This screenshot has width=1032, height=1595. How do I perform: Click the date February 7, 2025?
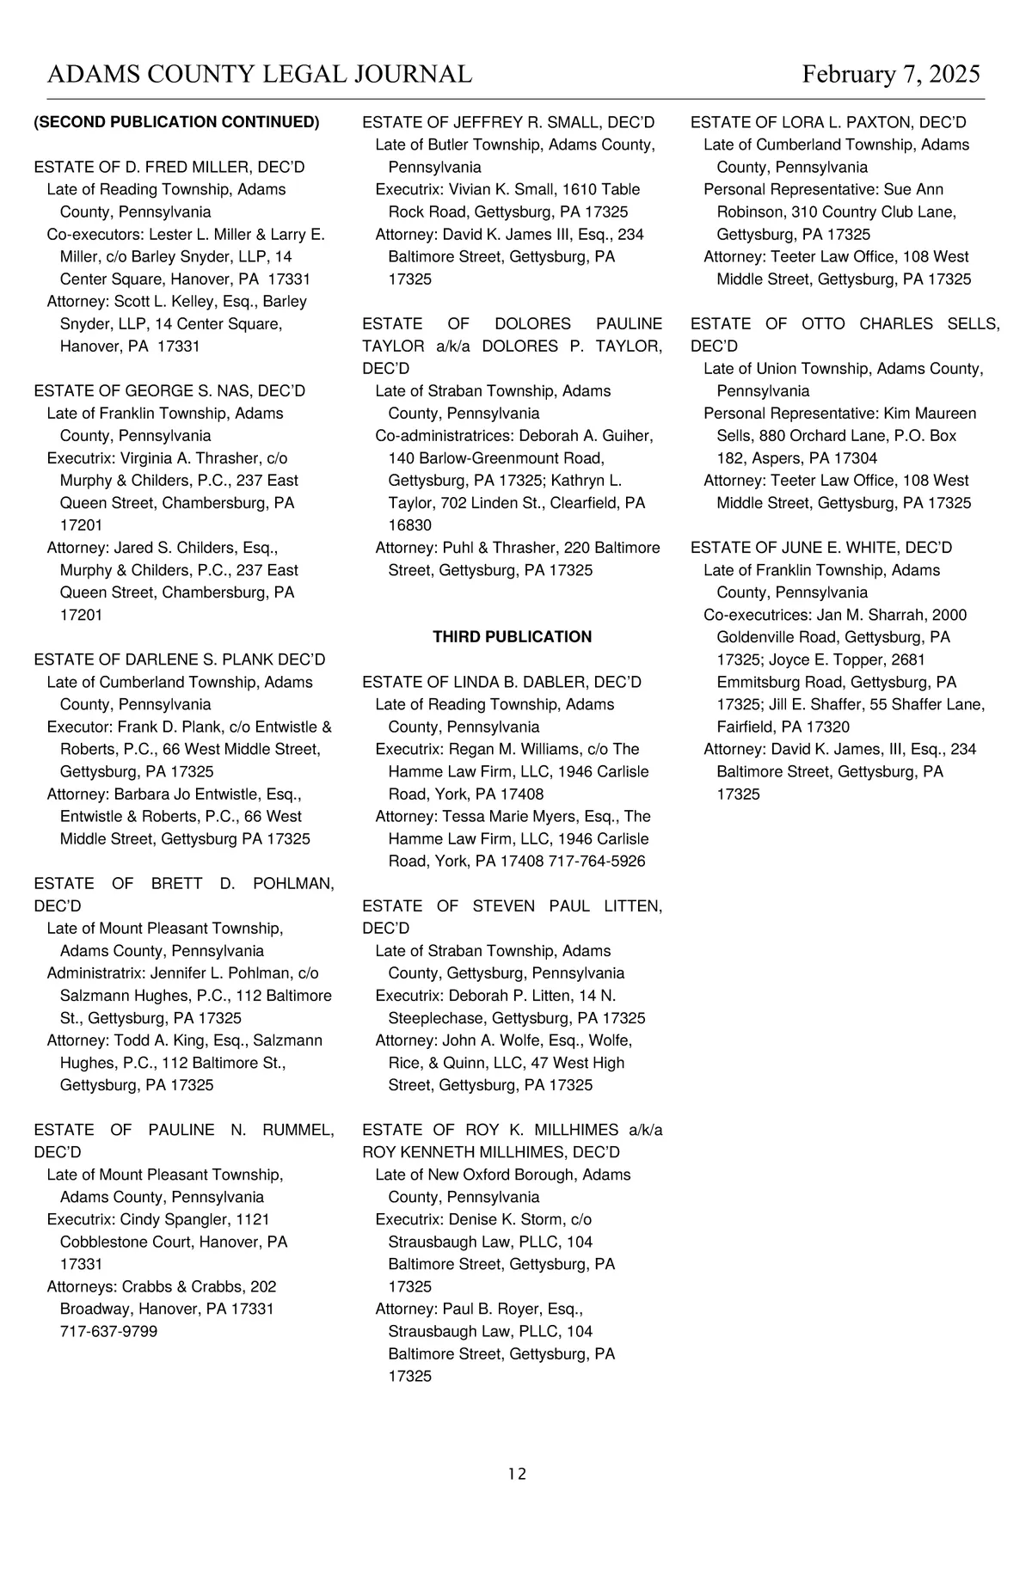(x=891, y=74)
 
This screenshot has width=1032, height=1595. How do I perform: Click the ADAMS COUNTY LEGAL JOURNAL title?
(x=259, y=74)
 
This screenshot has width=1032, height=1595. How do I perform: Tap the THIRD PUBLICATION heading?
(x=512, y=637)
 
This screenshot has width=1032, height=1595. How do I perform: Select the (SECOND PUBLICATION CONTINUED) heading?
(x=176, y=122)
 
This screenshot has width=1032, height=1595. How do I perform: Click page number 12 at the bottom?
(x=517, y=1474)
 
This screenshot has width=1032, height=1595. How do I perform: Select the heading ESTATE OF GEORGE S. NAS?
(x=169, y=391)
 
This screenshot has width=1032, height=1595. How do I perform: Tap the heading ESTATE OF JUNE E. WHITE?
(x=821, y=548)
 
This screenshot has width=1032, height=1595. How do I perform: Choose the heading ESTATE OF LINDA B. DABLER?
(x=501, y=682)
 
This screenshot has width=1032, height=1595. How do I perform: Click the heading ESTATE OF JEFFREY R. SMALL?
(x=508, y=122)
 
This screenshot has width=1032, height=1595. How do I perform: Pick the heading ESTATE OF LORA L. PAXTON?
(x=828, y=122)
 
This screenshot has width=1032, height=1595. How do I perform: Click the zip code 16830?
(x=410, y=525)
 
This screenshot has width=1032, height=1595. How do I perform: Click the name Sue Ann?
(x=913, y=189)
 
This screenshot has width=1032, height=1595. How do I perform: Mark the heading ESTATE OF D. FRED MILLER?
(x=169, y=167)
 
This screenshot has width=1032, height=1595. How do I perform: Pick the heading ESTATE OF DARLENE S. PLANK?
(x=180, y=659)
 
